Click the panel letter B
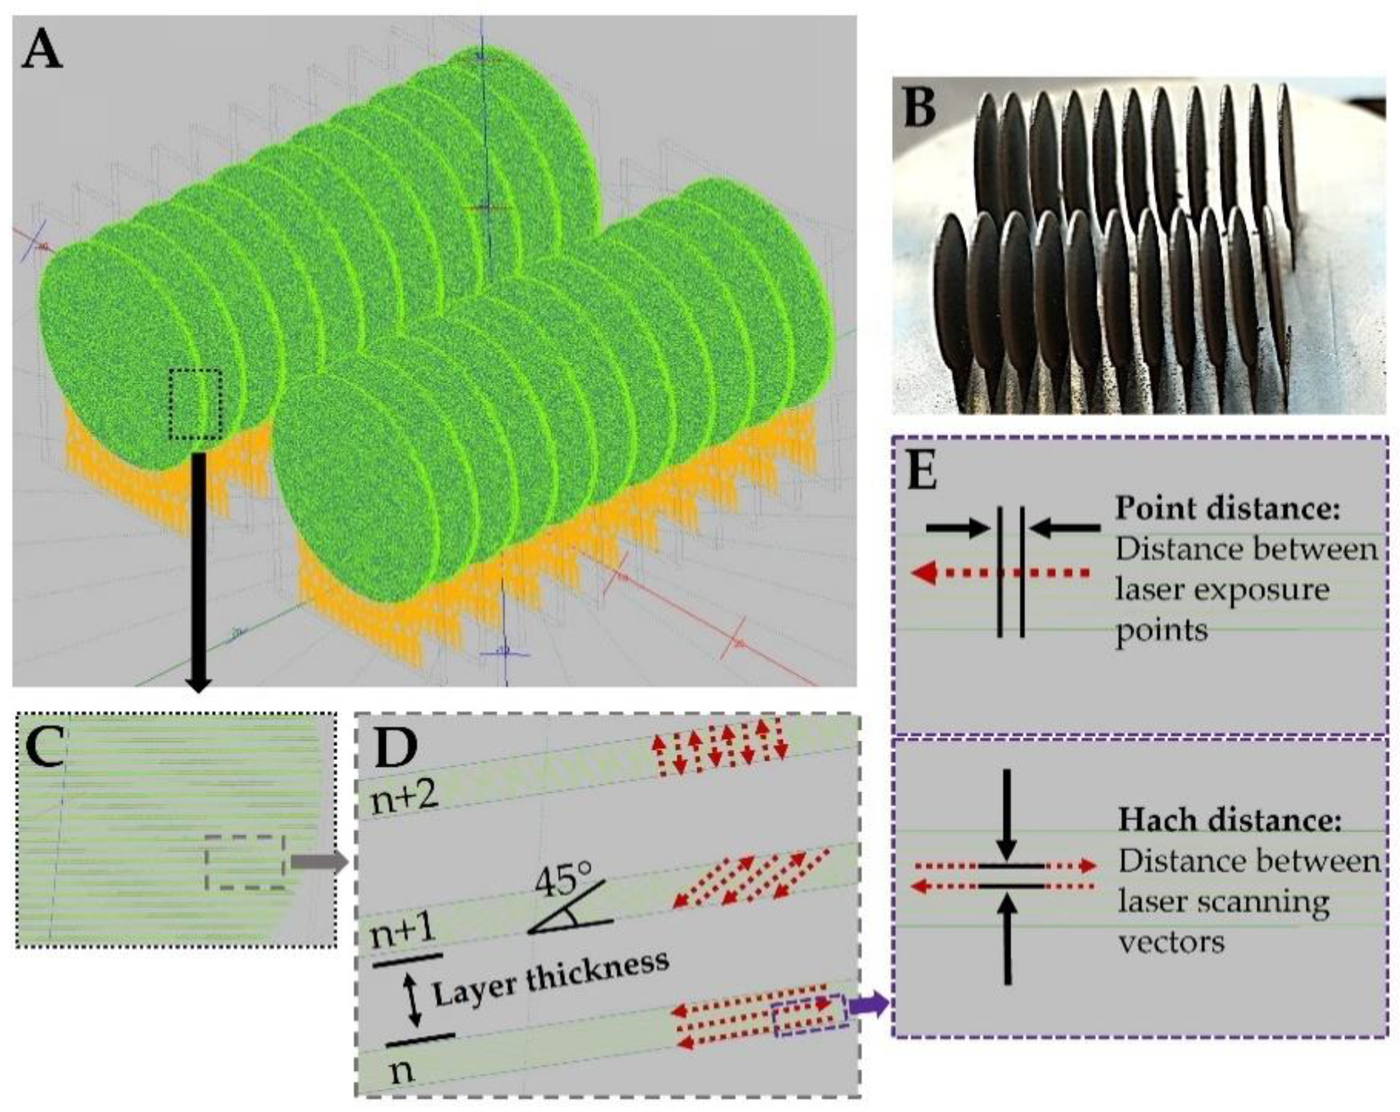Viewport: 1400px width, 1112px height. click(919, 109)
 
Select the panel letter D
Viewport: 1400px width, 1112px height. click(395, 749)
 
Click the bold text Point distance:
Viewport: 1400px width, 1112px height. click(1228, 509)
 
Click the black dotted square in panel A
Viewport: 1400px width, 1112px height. click(195, 403)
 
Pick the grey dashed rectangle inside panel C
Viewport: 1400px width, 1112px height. click(246, 862)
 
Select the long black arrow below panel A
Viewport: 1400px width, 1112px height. click(198, 572)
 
